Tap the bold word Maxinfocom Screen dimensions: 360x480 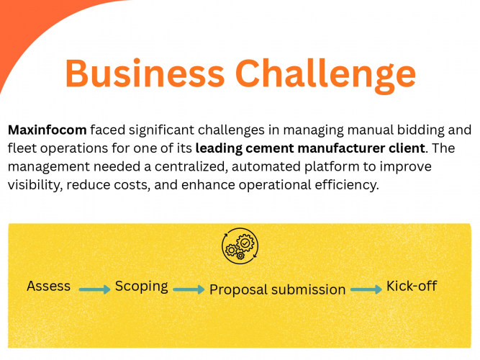(47, 131)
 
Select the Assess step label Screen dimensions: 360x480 (49, 286)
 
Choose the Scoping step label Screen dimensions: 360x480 (142, 286)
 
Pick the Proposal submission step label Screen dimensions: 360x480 (278, 289)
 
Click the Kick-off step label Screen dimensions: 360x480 (412, 286)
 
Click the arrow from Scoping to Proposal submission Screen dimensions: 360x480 (189, 289)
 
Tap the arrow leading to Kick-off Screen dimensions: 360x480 (366, 289)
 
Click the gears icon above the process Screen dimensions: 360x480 (240, 246)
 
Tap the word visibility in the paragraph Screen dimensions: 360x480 (33, 184)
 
